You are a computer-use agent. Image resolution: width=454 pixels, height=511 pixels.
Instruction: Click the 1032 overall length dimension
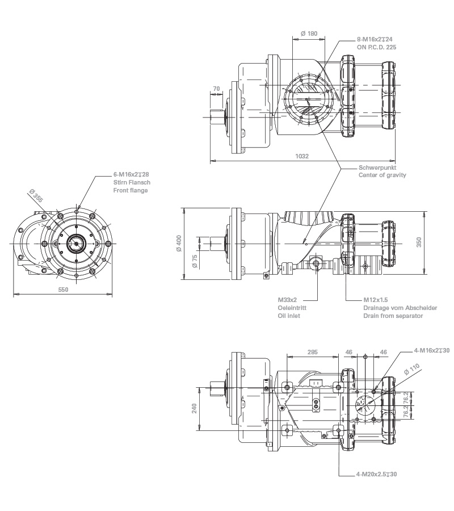pos(302,156)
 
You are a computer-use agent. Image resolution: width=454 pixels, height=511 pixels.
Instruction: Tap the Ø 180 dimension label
pos(309,33)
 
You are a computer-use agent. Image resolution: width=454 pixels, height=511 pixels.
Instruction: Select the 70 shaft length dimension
pos(216,89)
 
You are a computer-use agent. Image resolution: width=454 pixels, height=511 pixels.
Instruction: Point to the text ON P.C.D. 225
pos(376,47)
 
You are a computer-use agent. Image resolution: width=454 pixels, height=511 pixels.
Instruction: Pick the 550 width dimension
pos(63,290)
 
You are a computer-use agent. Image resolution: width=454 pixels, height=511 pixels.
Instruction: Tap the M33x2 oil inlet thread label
pos(288,299)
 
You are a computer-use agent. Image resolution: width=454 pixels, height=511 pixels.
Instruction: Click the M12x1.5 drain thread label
pos(375,299)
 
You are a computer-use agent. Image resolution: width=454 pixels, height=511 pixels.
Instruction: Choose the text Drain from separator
pos(393,315)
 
